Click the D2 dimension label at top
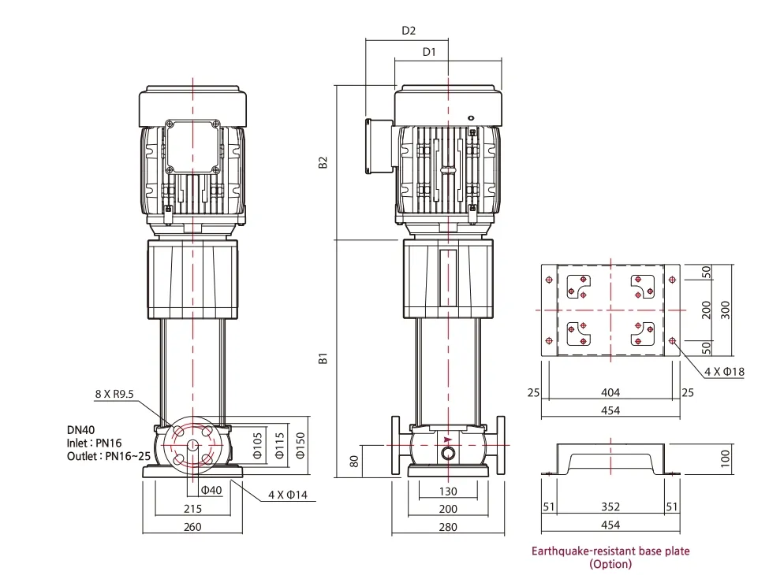coord(409,31)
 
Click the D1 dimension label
coord(429,52)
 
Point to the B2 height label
coord(323,162)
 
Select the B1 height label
coord(323,358)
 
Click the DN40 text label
coord(81,430)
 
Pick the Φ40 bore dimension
coord(211,490)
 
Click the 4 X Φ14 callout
coord(289,495)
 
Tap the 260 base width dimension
coord(192,526)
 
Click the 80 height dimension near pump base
coord(355,461)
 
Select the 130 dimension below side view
coord(447,492)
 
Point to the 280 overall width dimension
coord(447,526)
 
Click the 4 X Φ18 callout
coord(724,371)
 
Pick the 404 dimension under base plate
coord(610,392)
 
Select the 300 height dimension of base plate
coord(726,310)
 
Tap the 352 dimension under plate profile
coord(610,506)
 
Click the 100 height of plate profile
coord(726,458)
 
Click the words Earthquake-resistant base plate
coord(610,551)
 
